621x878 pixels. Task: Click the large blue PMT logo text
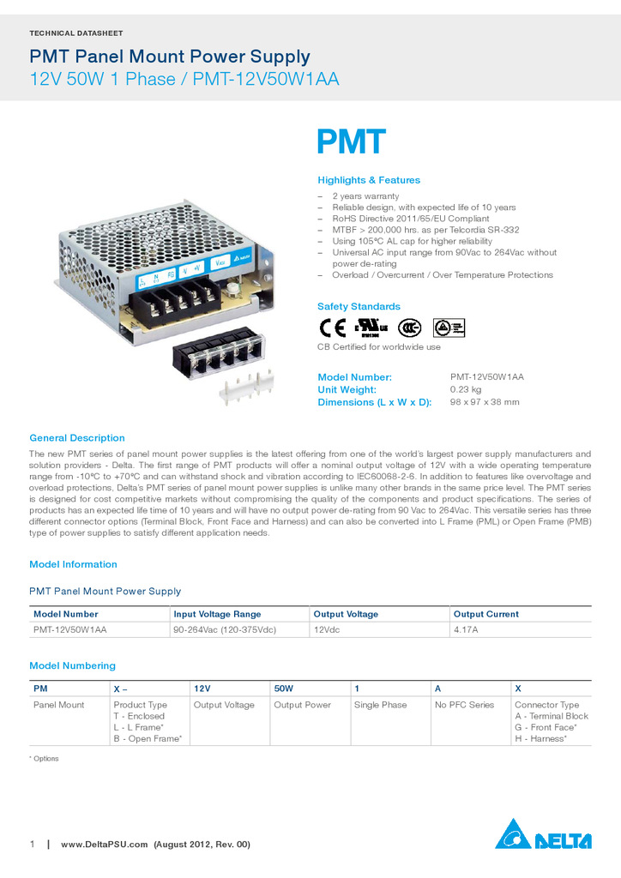coord(352,143)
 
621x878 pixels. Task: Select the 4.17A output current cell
coord(466,629)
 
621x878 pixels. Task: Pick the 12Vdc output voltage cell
coord(327,629)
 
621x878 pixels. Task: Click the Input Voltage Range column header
coord(217,614)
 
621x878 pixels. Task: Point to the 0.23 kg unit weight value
coord(466,389)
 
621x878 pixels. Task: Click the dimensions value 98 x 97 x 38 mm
coord(485,402)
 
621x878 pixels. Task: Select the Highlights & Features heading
coord(369,180)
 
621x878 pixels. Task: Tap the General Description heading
coord(77,438)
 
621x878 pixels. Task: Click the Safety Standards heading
coord(359,306)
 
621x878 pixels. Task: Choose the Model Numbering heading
coord(72,665)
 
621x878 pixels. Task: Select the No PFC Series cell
coord(464,705)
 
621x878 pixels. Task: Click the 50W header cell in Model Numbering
coord(283,689)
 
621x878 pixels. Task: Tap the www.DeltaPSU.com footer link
coord(105,845)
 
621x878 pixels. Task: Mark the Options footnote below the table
coord(44,759)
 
